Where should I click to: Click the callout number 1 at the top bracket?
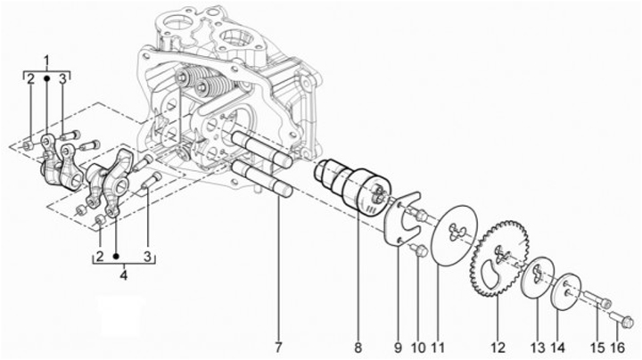coord(46,60)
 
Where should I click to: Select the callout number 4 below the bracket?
coord(123,275)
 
